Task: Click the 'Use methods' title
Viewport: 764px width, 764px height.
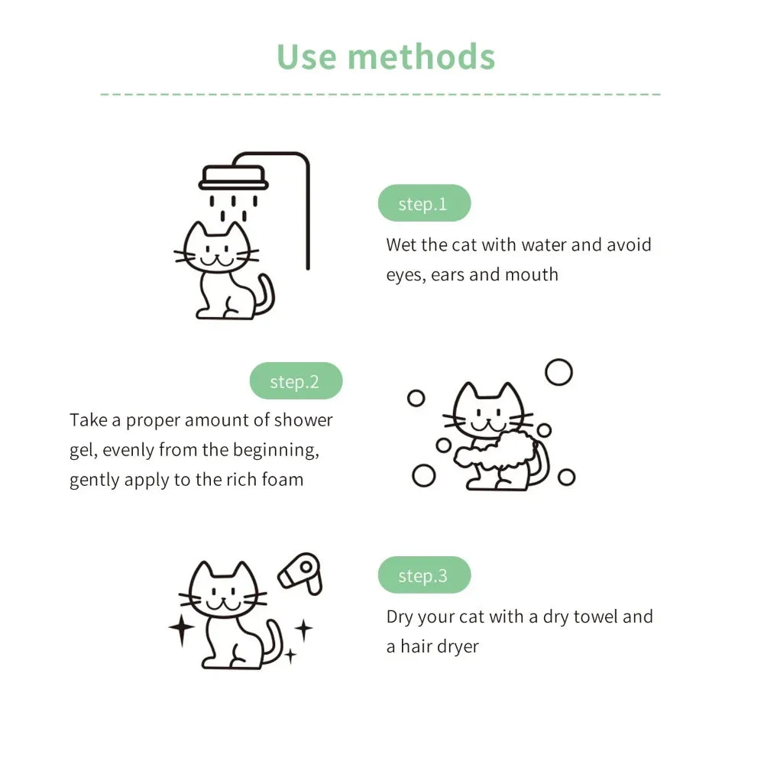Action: coord(386,57)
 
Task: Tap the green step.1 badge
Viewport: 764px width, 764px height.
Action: coord(424,203)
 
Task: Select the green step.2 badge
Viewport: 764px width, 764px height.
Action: coord(296,381)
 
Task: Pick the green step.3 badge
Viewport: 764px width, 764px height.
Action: coord(424,575)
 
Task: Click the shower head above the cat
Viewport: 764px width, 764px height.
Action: coord(234,180)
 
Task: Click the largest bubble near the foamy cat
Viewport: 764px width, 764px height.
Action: coord(558,372)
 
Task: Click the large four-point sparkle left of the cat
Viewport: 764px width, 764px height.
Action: coord(182,627)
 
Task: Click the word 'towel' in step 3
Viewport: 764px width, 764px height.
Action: coord(594,617)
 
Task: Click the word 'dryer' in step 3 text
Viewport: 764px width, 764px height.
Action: coord(458,646)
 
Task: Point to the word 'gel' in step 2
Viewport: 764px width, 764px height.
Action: coord(82,451)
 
